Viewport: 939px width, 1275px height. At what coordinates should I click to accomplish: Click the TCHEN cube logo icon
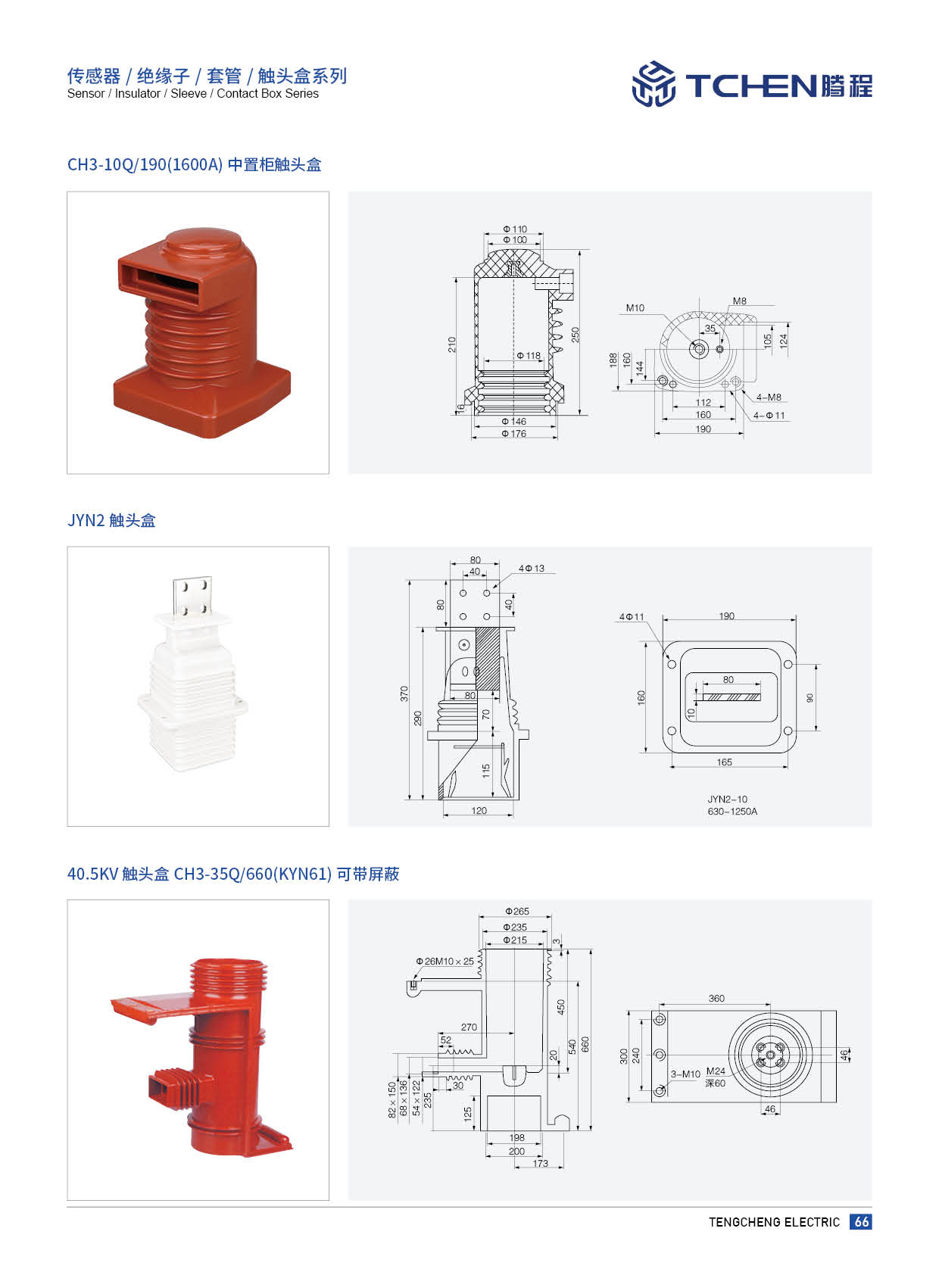point(654,84)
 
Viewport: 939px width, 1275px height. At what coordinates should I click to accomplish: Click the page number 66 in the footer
point(861,1221)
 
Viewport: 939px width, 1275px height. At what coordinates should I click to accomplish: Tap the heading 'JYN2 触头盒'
point(111,520)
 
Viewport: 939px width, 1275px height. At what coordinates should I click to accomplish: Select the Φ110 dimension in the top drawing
point(515,229)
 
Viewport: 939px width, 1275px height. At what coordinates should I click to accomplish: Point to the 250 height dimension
point(575,335)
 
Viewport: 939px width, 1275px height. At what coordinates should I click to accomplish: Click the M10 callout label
point(635,308)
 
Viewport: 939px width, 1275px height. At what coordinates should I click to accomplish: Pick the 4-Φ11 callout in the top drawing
point(769,416)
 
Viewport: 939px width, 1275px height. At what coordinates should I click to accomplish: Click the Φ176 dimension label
point(513,434)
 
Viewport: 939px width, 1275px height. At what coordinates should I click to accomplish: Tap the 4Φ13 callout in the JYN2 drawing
point(532,568)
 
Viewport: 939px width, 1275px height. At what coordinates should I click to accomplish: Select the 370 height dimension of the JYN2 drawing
point(404,694)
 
